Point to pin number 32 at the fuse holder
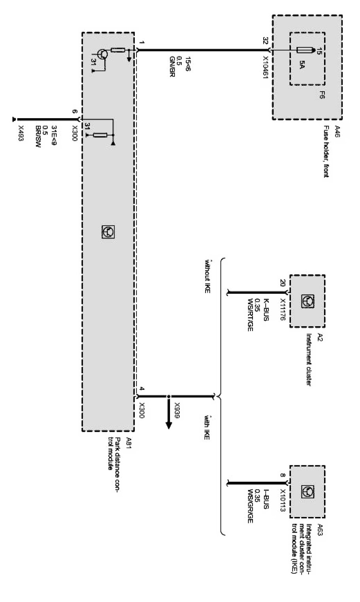pos(266,41)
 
